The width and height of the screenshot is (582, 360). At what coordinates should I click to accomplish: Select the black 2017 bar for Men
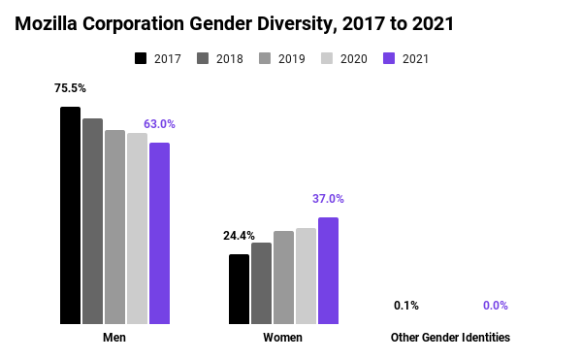[70, 214]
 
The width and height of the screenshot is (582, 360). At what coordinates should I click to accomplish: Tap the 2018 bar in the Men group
[92, 220]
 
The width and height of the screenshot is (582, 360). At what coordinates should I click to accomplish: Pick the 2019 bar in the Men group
[114, 226]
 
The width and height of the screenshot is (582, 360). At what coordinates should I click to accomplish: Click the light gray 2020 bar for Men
[137, 228]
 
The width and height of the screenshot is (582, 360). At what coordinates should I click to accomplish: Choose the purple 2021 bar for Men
[159, 233]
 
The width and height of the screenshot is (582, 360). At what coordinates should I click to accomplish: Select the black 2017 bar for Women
[239, 288]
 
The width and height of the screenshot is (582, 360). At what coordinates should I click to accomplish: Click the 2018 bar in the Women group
[261, 282]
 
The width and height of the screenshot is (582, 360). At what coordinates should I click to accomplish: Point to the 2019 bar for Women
[283, 277]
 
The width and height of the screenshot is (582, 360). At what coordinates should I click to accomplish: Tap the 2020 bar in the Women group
[306, 276]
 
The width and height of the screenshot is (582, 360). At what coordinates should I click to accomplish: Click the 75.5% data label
[70, 88]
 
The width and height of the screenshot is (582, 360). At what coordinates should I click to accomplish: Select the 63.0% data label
[159, 124]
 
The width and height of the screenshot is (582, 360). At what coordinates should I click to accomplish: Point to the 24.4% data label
[239, 236]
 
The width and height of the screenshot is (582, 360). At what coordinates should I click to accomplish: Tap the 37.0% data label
[328, 199]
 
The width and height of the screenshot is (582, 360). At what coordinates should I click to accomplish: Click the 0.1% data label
[406, 306]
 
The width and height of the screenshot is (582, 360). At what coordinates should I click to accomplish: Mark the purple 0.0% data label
[496, 306]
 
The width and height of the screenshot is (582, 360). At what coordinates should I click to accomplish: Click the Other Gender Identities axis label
[450, 338]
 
